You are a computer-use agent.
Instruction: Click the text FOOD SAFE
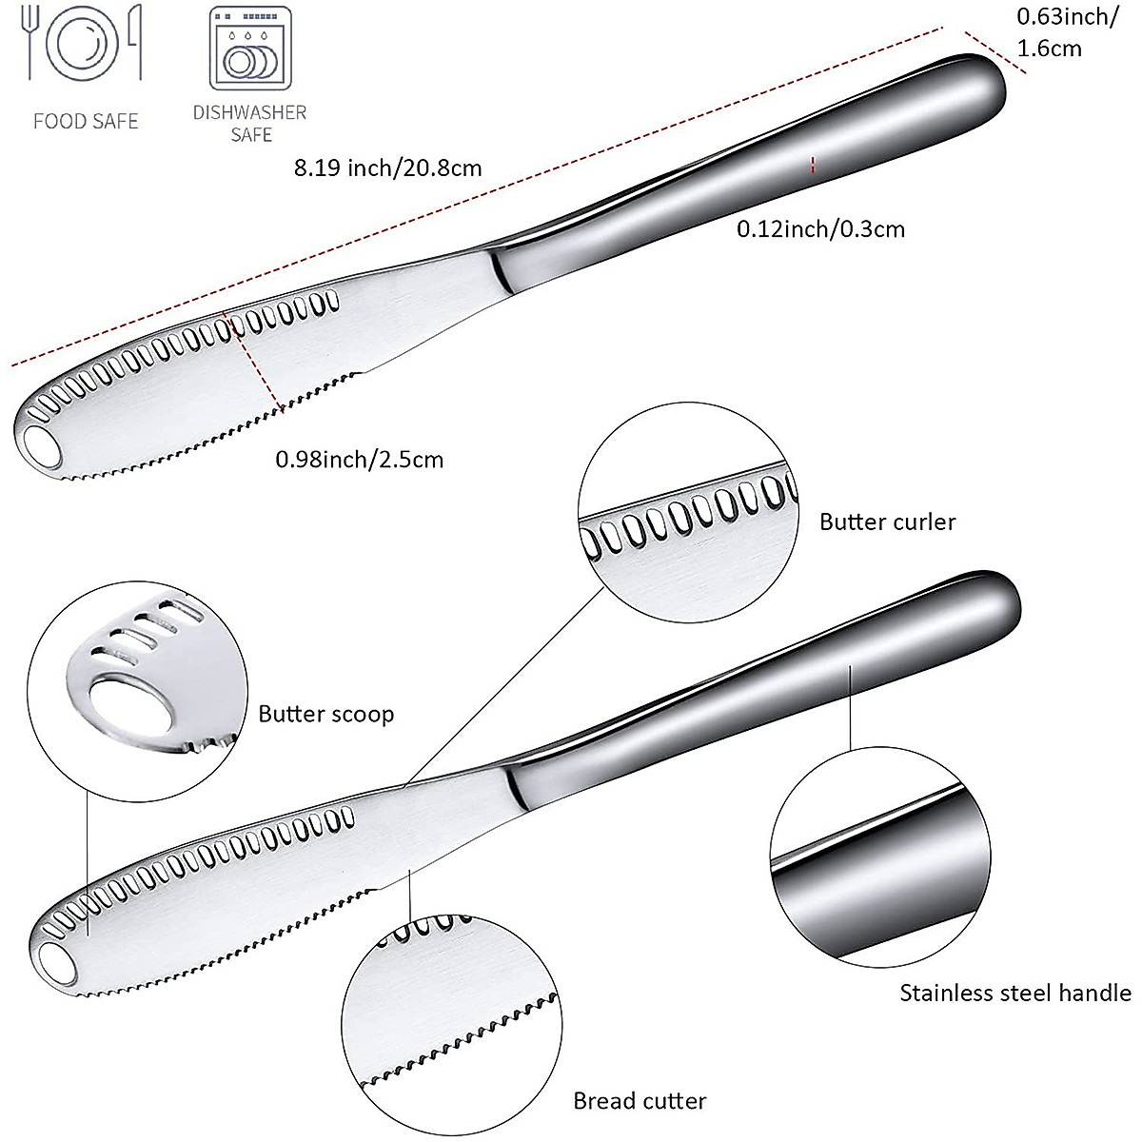pyautogui.click(x=86, y=121)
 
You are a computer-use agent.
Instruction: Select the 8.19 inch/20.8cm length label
pyautogui.click(x=387, y=168)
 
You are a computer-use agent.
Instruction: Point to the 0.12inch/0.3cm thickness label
pyautogui.click(x=820, y=228)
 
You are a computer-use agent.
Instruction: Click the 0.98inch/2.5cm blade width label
pyautogui.click(x=359, y=460)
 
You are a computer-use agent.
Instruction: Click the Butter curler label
pyautogui.click(x=887, y=522)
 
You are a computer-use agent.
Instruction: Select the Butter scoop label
pyautogui.click(x=325, y=714)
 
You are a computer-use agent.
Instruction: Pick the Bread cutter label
pyautogui.click(x=640, y=1101)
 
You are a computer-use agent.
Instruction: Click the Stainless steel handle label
pyautogui.click(x=1015, y=994)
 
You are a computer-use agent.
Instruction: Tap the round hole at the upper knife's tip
pyautogui.click(x=41, y=442)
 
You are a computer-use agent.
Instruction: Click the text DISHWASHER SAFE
pyautogui.click(x=250, y=123)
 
